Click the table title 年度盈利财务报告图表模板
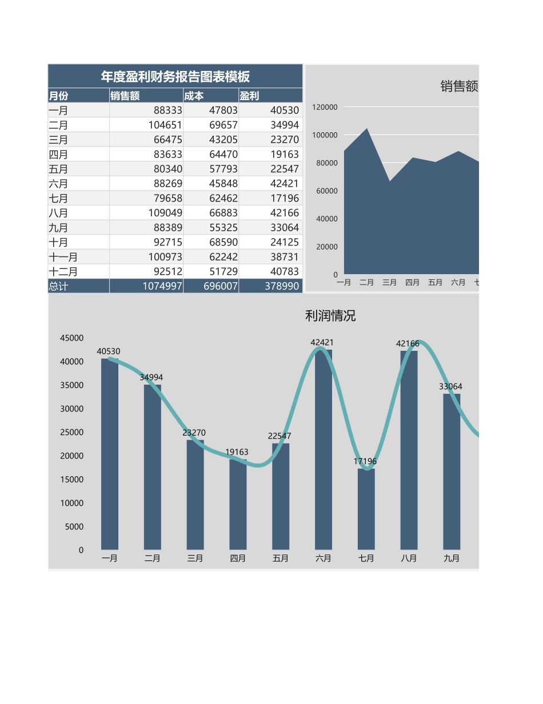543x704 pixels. coord(175,77)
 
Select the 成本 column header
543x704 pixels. coord(194,96)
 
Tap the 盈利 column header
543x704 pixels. coord(249,96)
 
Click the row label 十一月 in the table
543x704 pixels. coord(63,257)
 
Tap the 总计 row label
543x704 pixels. coord(58,286)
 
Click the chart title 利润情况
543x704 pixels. coord(330,316)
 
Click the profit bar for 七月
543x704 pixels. coord(366,509)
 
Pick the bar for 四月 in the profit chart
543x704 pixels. coord(238,504)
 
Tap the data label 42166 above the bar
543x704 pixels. coord(408,344)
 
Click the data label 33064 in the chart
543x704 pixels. coord(450,387)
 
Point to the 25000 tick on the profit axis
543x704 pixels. coord(73,432)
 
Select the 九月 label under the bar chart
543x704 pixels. coord(452,558)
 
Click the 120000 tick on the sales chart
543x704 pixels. coord(325,107)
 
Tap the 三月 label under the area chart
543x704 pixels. coord(389,282)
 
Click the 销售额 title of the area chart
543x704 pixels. coord(459,86)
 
